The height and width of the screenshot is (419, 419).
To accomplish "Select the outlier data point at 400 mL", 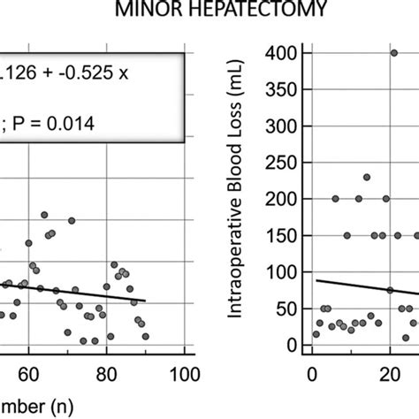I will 393,53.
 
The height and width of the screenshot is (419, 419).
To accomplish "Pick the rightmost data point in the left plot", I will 145,336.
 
